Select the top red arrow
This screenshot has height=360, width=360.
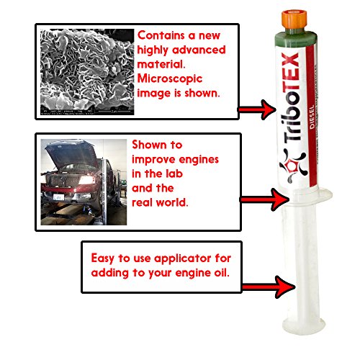[255, 110]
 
